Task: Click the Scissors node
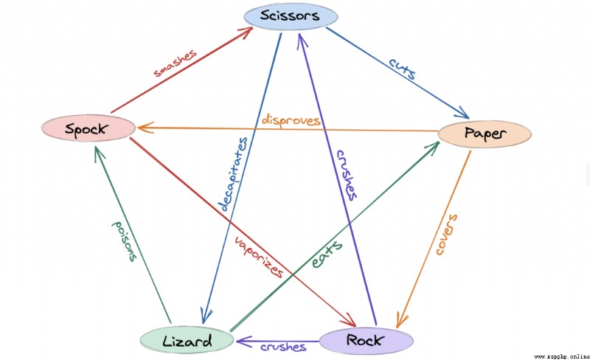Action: click(291, 16)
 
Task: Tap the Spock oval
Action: click(88, 128)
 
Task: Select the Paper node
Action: click(485, 134)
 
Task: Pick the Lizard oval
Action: click(187, 340)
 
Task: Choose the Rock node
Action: click(366, 340)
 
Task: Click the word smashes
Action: click(176, 63)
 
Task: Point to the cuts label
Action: click(402, 68)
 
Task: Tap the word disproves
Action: click(291, 120)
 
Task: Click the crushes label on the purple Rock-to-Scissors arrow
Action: click(347, 175)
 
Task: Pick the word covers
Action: click(447, 234)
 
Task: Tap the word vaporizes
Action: click(259, 257)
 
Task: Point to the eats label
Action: click(327, 255)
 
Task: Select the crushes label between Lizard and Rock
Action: click(283, 347)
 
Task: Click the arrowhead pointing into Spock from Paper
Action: click(145, 128)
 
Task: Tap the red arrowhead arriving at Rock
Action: click(349, 321)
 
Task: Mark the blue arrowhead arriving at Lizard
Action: click(206, 316)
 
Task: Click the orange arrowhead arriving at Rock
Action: click(401, 319)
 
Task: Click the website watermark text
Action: click(562, 356)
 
